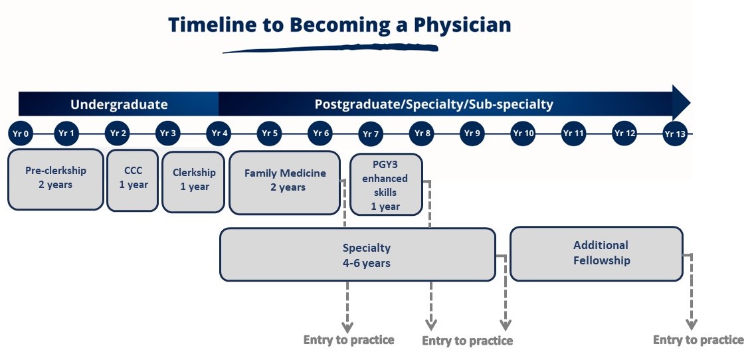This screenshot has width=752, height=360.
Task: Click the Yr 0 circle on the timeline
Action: (x=21, y=134)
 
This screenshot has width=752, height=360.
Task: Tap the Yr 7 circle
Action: (x=371, y=134)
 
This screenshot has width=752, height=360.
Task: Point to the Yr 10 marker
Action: (x=523, y=134)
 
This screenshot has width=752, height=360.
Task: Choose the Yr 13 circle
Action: (x=675, y=134)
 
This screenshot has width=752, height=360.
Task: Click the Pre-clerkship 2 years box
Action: (x=56, y=179)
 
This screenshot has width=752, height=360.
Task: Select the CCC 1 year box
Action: (x=132, y=180)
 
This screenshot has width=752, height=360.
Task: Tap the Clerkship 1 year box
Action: (x=193, y=182)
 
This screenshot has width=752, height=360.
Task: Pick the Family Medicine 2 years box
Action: (x=285, y=183)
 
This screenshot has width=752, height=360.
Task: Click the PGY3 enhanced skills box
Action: (x=386, y=185)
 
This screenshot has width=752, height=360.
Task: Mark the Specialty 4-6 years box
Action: (x=357, y=254)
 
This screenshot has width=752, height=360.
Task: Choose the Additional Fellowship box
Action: (x=596, y=254)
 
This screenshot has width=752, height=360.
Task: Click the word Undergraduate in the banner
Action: (x=119, y=104)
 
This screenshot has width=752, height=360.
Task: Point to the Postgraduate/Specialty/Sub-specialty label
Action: (x=434, y=104)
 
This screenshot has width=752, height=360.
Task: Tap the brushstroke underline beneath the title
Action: (x=330, y=48)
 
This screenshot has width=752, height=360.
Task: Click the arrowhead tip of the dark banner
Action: (x=690, y=102)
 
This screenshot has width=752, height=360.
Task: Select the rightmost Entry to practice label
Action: (x=698, y=340)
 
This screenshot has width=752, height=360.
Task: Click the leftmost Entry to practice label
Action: (x=349, y=340)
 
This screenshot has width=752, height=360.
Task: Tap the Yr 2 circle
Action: (x=118, y=134)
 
